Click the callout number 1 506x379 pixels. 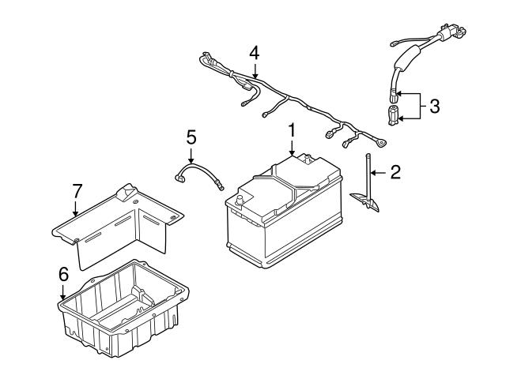coord(292,128)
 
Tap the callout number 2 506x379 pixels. coord(395,171)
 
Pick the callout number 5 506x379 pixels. coord(191,137)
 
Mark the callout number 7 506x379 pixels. coord(76,191)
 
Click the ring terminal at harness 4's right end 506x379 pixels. coord(381,144)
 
